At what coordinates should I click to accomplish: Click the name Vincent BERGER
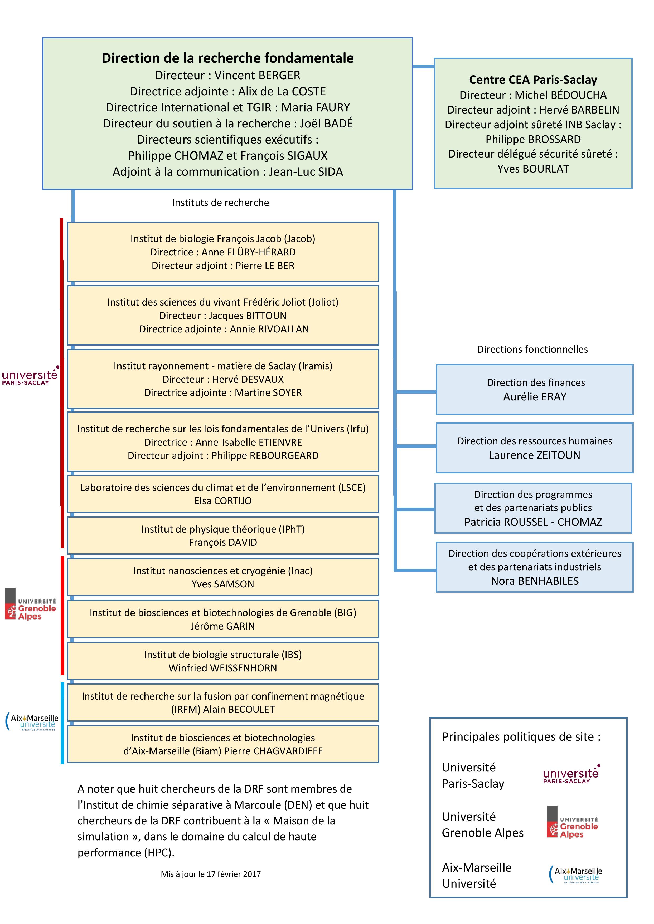point(257,75)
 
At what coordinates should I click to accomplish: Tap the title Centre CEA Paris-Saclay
point(533,80)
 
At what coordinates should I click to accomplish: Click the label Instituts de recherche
point(220,203)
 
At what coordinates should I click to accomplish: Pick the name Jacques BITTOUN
point(247,316)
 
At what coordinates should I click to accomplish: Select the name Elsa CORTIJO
point(223,501)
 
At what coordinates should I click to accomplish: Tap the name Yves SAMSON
point(223,584)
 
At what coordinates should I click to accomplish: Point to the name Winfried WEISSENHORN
point(223,668)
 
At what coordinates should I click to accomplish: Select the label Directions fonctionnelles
point(532,349)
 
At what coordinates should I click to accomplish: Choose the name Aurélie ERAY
point(534,397)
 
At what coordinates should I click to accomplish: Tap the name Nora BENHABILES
point(534,581)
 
